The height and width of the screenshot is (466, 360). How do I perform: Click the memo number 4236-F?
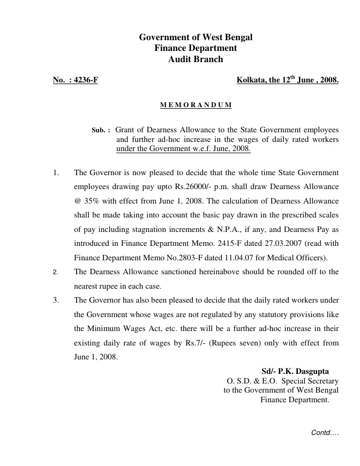(84, 81)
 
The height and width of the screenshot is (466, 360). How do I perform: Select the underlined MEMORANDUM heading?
(196, 105)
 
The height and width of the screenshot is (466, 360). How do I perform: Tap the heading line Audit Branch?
(196, 59)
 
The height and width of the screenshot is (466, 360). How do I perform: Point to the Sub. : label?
(101, 130)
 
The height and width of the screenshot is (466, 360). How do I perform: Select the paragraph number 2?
(55, 272)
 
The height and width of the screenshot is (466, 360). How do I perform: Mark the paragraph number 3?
(55, 300)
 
